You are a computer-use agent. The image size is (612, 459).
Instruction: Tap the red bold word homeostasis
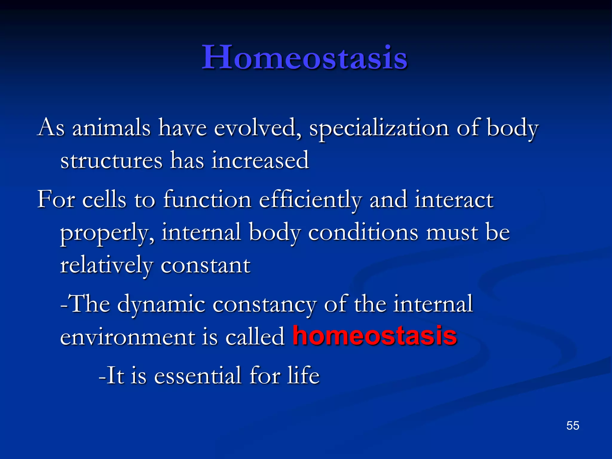click(375, 336)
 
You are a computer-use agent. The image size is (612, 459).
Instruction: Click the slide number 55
click(573, 426)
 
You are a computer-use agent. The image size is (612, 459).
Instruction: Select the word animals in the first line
click(111, 128)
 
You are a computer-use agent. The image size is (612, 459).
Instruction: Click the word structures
click(111, 161)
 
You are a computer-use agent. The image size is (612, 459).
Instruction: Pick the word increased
click(260, 160)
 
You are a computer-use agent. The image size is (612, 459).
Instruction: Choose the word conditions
click(363, 232)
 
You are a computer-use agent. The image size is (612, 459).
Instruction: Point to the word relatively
click(106, 265)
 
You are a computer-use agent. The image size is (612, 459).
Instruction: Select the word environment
click(127, 337)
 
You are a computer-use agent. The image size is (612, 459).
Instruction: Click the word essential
click(198, 375)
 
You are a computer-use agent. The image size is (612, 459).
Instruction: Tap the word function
click(207, 200)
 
